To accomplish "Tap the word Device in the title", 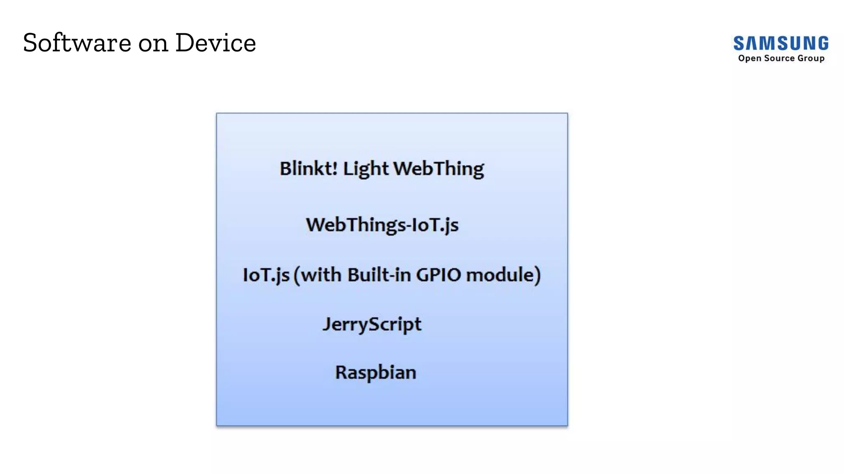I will [216, 43].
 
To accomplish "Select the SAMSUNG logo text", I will [781, 44].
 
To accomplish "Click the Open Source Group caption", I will [781, 58].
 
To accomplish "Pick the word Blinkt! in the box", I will [308, 168].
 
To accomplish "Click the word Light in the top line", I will [366, 169].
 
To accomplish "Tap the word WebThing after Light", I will [438, 169].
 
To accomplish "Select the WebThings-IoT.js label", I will [382, 225].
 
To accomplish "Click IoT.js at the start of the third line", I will [266, 275].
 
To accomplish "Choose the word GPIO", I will [438, 275].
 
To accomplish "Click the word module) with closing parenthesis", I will [503, 275].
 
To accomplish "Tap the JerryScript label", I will [372, 325].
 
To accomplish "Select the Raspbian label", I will [375, 373].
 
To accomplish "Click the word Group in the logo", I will [811, 58].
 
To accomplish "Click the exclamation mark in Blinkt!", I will [335, 168].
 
